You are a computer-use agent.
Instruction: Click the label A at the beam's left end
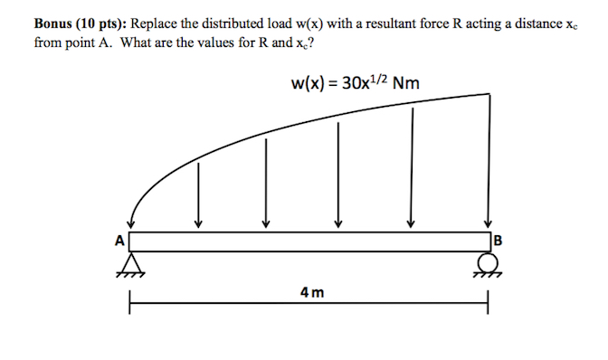(118, 242)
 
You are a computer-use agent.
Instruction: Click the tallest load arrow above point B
(489, 158)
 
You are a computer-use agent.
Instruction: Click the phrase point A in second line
(78, 41)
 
